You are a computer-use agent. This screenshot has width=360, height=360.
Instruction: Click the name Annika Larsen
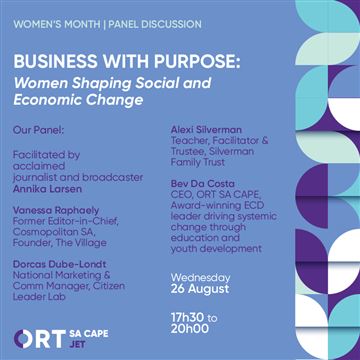point(47,189)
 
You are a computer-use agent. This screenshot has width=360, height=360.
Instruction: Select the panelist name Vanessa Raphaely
point(56,210)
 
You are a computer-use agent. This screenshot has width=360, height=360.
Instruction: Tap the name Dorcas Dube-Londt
point(60,264)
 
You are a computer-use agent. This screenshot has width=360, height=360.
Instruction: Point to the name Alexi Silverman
point(206,129)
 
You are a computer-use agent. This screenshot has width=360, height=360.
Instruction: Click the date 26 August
point(200,289)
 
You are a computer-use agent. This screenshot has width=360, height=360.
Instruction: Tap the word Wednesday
point(200,278)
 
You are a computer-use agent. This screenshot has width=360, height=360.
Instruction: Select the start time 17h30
point(186,318)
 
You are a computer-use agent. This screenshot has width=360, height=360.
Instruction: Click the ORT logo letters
point(40,339)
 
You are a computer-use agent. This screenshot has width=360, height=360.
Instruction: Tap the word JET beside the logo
point(77,344)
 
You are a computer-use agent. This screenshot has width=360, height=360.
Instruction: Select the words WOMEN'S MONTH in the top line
point(57,25)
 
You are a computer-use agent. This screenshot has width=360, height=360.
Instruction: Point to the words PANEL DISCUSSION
point(155,25)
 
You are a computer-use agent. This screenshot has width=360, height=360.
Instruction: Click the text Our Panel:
point(38,130)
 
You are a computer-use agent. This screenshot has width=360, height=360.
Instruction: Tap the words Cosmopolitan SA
point(50,232)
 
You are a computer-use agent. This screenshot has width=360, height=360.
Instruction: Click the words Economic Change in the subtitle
point(78,100)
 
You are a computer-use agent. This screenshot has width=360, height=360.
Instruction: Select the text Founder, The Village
point(60,243)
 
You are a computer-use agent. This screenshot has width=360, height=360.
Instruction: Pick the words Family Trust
point(198,162)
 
